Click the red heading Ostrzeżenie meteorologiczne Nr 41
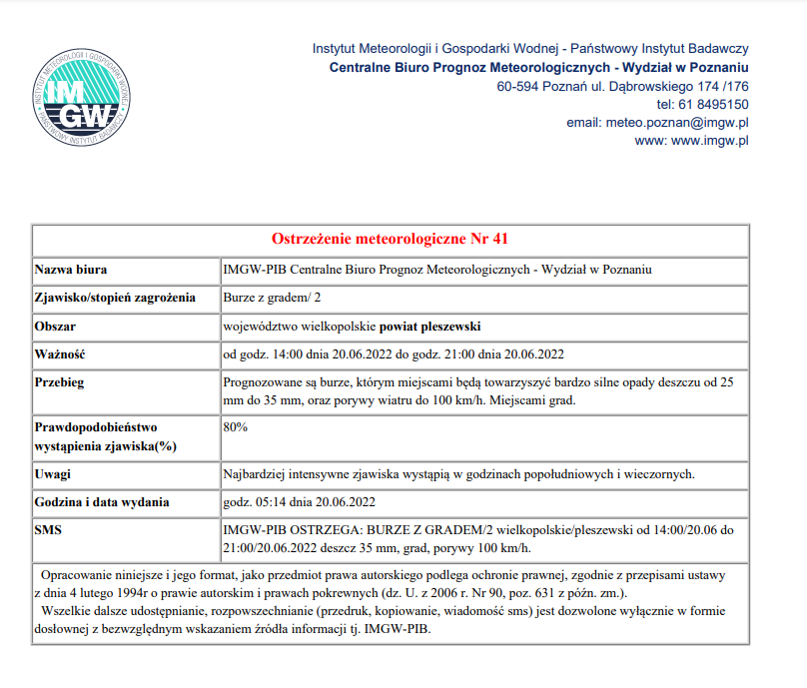click(391, 240)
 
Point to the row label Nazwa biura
click(71, 270)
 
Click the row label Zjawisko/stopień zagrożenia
click(114, 298)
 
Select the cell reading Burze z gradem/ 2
click(273, 298)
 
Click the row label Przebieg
click(60, 381)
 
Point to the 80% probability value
click(236, 426)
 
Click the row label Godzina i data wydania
click(102, 501)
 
